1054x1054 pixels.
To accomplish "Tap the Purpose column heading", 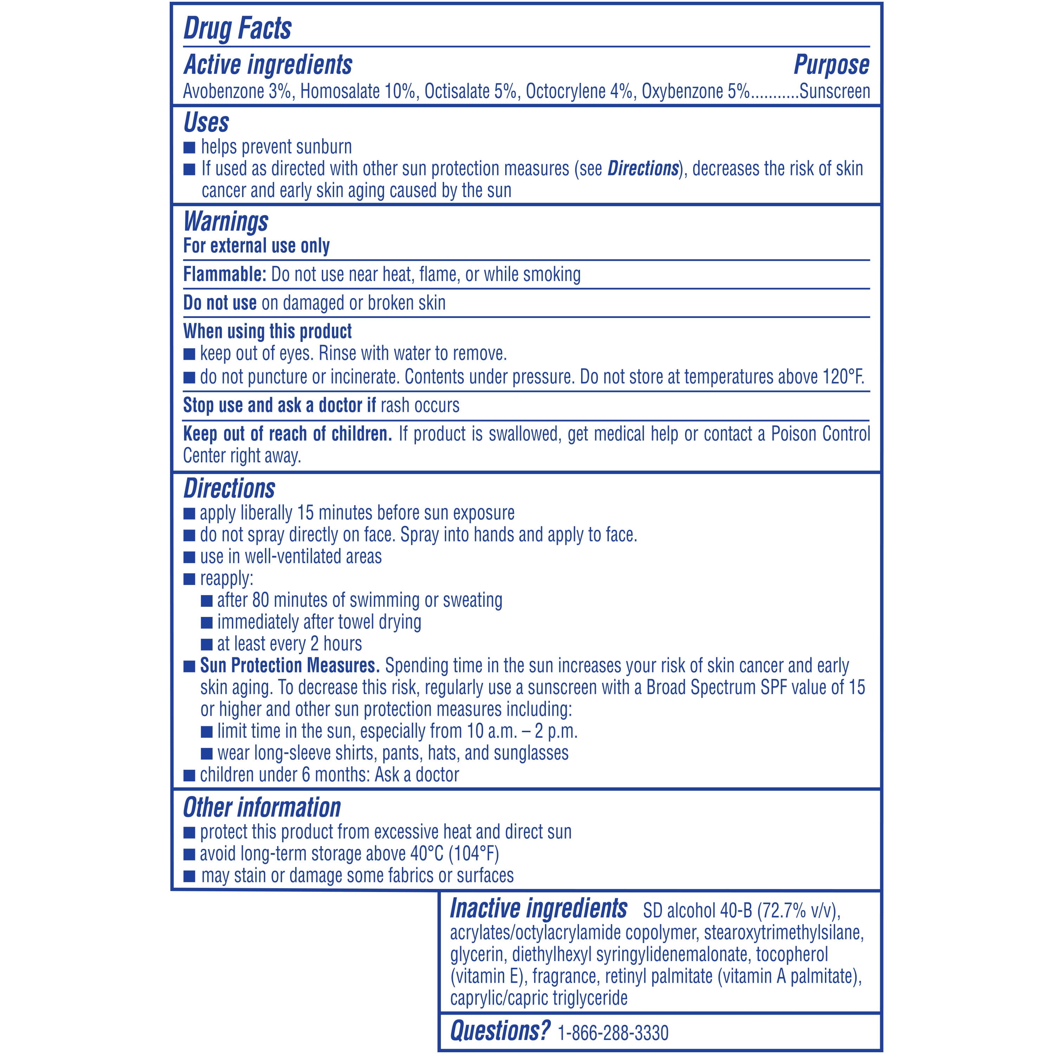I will (x=831, y=65).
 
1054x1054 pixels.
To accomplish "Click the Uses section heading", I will (x=206, y=122).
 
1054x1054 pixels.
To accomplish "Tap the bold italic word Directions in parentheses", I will (x=643, y=169).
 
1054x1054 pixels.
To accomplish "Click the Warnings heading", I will (x=226, y=221).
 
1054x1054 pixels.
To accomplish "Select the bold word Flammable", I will (x=224, y=274).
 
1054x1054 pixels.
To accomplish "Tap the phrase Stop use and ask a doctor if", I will (x=279, y=405).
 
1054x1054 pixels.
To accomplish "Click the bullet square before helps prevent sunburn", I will (x=189, y=147).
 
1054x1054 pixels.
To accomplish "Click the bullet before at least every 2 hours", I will (x=207, y=644).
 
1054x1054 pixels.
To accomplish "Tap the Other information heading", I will (x=262, y=807).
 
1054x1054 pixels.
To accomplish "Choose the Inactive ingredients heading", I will (x=539, y=908).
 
